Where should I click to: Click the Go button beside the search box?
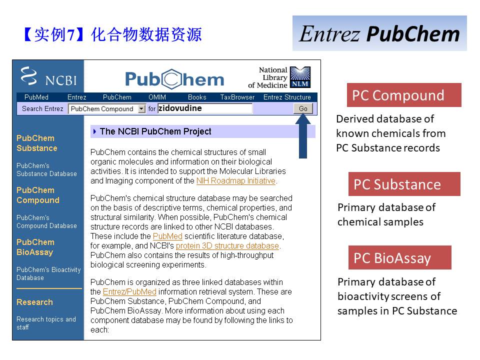pyautogui.click(x=303, y=108)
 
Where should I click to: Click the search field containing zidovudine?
pyautogui.click(x=205, y=108)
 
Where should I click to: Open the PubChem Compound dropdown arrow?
pyautogui.click(x=141, y=108)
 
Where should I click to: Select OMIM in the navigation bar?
pyautogui.click(x=157, y=97)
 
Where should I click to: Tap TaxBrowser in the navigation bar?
pyautogui.click(x=237, y=97)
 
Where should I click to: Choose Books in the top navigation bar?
pyautogui.click(x=197, y=97)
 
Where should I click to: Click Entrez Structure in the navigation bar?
pyautogui.click(x=287, y=97)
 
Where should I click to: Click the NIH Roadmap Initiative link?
pyautogui.click(x=235, y=181)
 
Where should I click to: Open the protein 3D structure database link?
pyautogui.click(x=227, y=246)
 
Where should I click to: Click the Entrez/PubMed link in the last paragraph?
pyautogui.click(x=129, y=291)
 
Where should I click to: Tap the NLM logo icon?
pyautogui.click(x=300, y=77)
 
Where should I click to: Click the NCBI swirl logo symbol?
pyautogui.click(x=29, y=75)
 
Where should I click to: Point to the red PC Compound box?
pyautogui.click(x=404, y=95)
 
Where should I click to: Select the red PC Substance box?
pyautogui.click(x=404, y=184)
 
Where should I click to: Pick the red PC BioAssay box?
pyautogui.click(x=400, y=257)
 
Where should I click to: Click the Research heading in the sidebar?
pyautogui.click(x=34, y=302)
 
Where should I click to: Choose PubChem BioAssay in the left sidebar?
pyautogui.click(x=35, y=247)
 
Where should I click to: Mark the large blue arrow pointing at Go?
pyautogui.click(x=303, y=136)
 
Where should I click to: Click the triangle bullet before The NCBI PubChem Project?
pyautogui.click(x=94, y=131)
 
